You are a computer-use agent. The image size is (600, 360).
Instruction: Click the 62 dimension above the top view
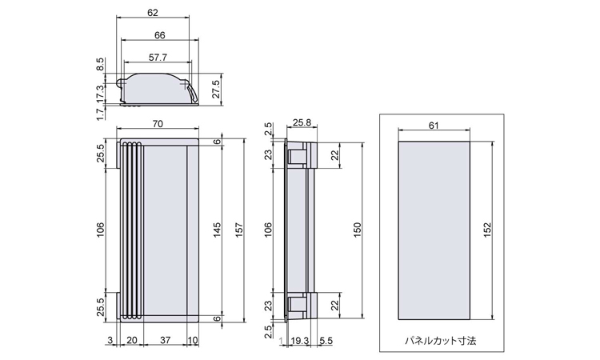[x=153, y=13]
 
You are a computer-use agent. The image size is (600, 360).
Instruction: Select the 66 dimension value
[x=160, y=35]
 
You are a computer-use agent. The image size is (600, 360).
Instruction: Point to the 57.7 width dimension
[x=158, y=58]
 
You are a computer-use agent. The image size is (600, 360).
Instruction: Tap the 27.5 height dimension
[x=216, y=89]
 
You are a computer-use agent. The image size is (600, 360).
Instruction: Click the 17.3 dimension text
[x=100, y=94]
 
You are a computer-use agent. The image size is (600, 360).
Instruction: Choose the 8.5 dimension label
[x=100, y=64]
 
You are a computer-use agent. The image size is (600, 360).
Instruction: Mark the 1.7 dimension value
[x=100, y=114]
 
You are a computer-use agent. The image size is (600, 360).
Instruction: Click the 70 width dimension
[x=158, y=123]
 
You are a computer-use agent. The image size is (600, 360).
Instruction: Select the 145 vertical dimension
[x=217, y=230]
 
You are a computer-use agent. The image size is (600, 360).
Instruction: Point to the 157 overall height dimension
[x=239, y=230]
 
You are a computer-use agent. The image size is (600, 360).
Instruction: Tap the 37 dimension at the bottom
[x=165, y=340]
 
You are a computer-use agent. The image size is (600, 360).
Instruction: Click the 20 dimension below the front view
[x=132, y=340]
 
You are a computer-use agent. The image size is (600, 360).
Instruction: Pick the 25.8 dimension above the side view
[x=302, y=123]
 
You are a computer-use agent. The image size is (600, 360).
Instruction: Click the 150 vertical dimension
[x=358, y=230]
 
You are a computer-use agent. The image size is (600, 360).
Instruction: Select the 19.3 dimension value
[x=300, y=341]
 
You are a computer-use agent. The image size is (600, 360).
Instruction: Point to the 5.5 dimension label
[x=326, y=341]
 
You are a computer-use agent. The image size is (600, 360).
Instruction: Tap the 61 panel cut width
[x=434, y=126]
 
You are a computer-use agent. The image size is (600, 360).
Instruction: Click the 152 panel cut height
[x=487, y=230]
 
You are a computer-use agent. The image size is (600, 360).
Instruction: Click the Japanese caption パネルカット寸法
[x=441, y=341]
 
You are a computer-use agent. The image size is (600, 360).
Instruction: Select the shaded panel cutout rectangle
[x=434, y=230]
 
